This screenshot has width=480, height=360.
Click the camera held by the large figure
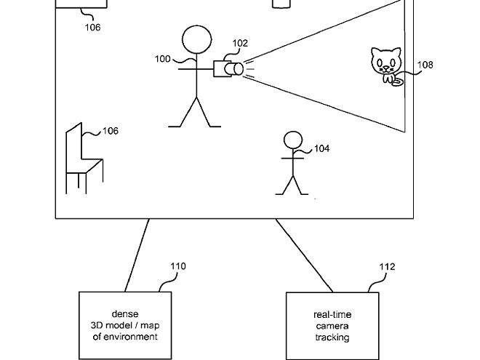pos(227,68)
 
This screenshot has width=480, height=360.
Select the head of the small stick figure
pos(292,140)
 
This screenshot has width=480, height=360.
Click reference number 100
pos(162,58)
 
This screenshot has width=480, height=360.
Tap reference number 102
pos(240,44)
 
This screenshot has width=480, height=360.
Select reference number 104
pos(321,148)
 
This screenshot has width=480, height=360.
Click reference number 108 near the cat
pos(425,65)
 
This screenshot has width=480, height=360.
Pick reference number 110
pos(178,266)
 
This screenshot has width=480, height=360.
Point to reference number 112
pos(388,267)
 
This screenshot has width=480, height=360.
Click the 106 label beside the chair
pos(110,131)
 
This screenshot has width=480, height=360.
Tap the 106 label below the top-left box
pos(92,28)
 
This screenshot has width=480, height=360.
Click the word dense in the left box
pos(125,313)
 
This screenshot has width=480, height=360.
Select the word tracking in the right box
pos(332,337)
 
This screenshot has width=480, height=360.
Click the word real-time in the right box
pos(332,314)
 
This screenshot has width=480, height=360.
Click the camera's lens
pos(236,69)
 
